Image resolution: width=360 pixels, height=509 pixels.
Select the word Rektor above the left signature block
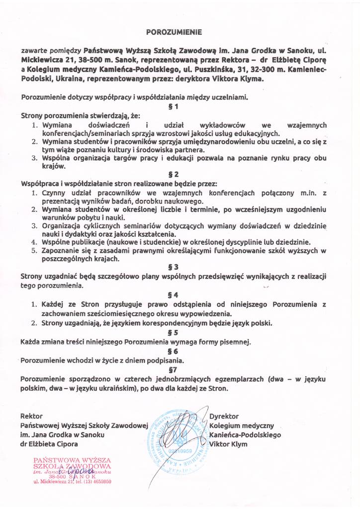pos(31,415)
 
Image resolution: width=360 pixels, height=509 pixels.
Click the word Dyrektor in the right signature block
pos(224,415)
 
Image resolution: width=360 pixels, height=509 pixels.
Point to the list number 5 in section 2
pos(34,250)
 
